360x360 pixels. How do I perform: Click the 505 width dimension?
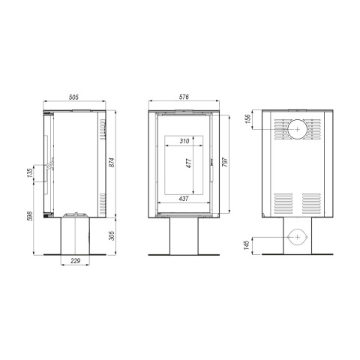pos(73,97)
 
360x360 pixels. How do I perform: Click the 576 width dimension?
pos(184,97)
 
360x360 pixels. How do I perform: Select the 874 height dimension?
pos(112,163)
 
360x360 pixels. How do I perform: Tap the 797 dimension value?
pos(225,162)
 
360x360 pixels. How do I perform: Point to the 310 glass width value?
pos(184,141)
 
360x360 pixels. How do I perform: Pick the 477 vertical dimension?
pos(189,163)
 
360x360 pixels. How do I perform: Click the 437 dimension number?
pos(184,199)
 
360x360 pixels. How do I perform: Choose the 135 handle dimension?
pos(29,173)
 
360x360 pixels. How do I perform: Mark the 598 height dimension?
pos(29,216)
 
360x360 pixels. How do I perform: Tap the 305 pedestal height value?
pos(112,235)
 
